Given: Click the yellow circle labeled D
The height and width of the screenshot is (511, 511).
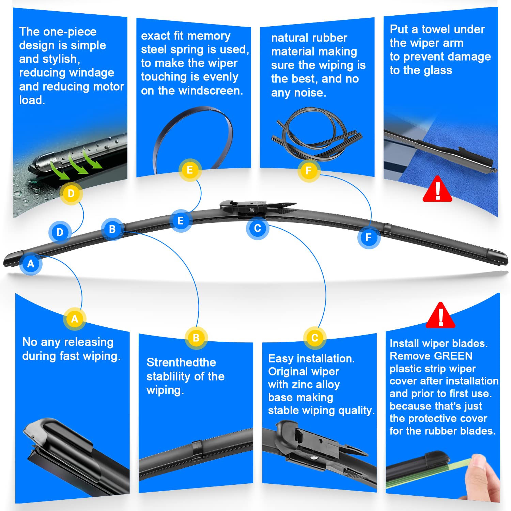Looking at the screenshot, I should click(71, 193).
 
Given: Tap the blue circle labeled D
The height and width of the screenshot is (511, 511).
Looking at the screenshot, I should click(60, 232).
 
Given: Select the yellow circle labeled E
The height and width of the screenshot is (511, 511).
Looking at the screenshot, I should click(190, 170).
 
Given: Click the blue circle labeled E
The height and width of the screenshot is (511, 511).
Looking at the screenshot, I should click(181, 221).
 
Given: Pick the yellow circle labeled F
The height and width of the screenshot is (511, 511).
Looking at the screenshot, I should click(309, 170).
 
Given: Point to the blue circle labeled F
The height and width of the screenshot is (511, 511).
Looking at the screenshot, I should click(369, 237).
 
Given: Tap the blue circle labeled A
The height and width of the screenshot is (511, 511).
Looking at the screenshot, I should click(31, 264).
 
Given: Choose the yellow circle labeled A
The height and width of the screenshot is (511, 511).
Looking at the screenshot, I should click(75, 319).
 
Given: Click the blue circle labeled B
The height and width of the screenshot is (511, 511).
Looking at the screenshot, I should click(112, 229).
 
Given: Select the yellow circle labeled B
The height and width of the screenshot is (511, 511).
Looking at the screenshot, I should click(196, 338).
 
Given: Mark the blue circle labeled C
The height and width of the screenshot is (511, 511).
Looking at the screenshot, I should click(258, 228).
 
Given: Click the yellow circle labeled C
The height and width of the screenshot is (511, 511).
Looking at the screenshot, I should click(315, 338).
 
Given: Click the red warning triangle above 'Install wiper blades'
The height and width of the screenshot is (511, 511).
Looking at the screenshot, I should click(440, 316).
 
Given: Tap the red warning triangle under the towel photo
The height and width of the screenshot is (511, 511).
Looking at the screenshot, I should click(437, 190).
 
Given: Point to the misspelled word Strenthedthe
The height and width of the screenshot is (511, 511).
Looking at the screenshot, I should click(181, 362).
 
